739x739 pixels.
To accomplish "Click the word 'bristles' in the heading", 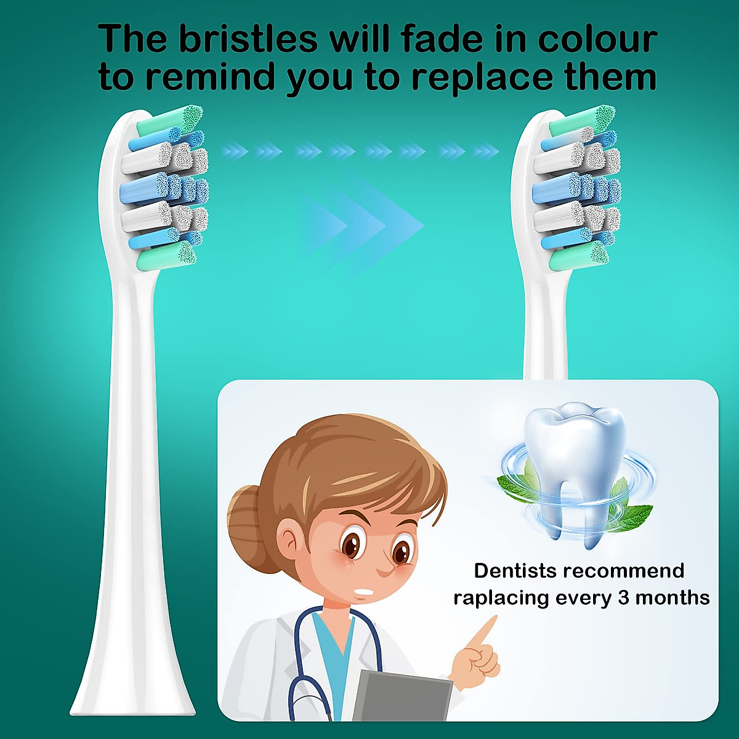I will point(248,38).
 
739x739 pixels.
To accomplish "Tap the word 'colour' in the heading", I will point(597,38).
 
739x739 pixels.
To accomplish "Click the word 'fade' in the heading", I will point(446,38).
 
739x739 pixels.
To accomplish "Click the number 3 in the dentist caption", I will point(623,597).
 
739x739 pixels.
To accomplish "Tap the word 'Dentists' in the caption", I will point(515,571).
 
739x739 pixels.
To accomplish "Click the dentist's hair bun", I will point(246,517).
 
